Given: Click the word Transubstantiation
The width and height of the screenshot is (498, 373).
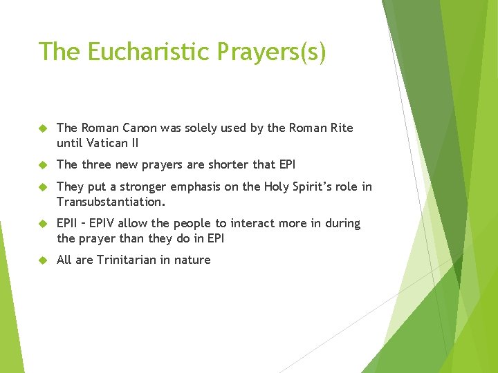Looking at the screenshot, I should [x=111, y=202].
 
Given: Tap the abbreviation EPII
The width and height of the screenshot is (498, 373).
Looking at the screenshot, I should [x=68, y=224].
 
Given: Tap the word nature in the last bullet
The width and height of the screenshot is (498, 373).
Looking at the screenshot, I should [x=193, y=260].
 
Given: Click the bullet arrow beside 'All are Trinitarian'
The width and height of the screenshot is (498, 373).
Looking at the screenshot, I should [x=42, y=260].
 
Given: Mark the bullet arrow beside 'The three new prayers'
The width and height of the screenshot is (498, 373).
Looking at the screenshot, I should [x=42, y=165].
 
